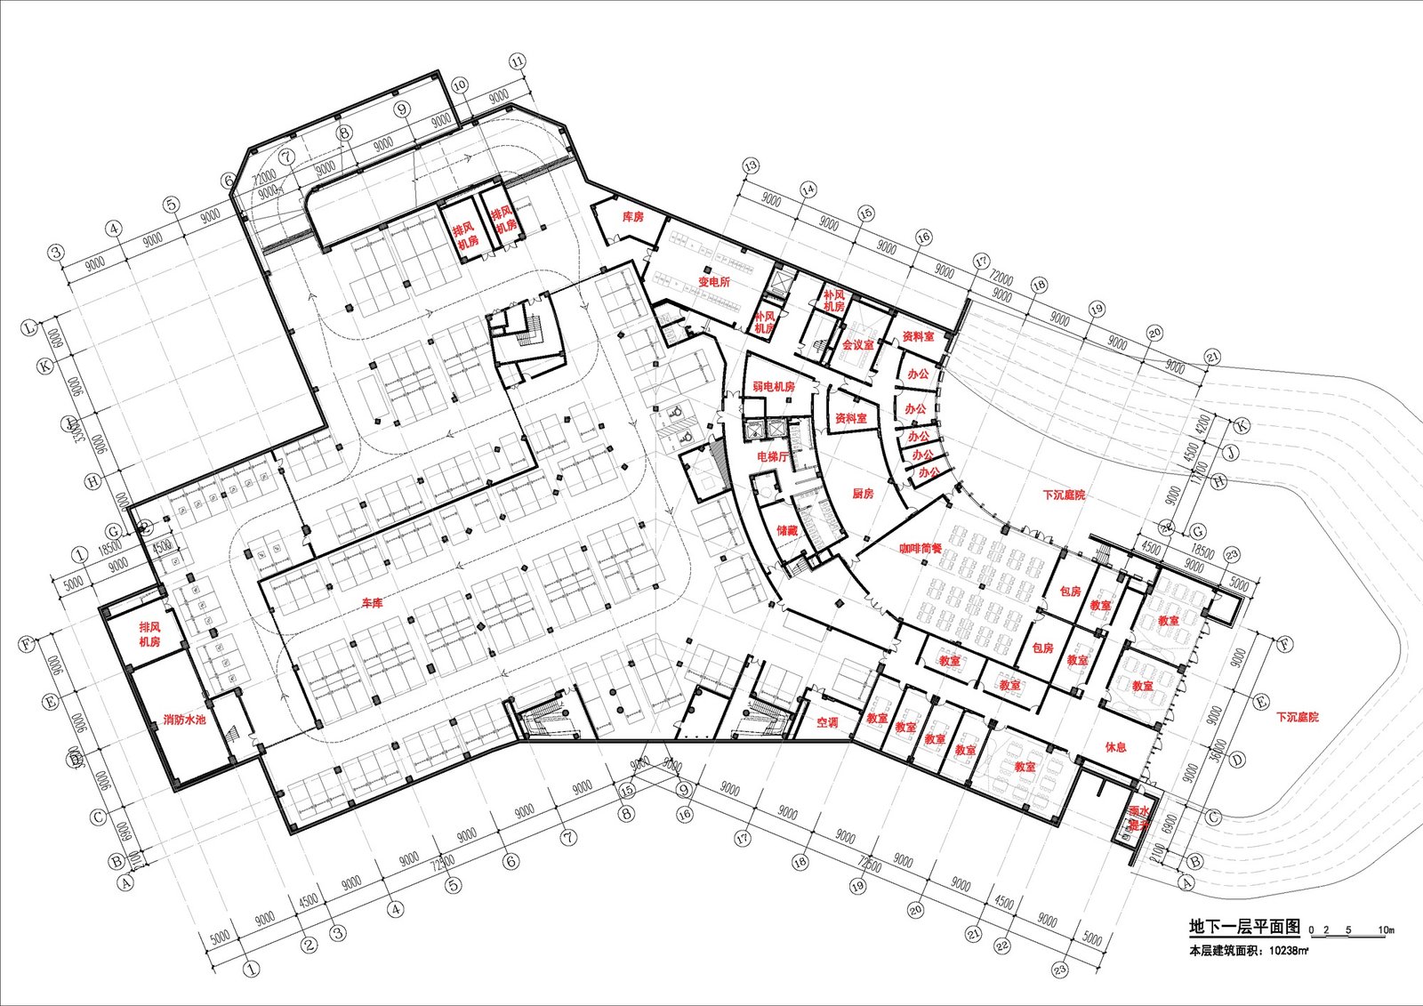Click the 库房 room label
tap(632, 216)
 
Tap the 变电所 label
tap(713, 282)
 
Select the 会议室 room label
tap(857, 345)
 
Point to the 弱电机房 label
tap(773, 387)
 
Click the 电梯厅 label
tap(772, 456)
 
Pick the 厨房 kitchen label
tap(863, 494)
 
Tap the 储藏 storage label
tap(787, 530)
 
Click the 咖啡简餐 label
tap(920, 549)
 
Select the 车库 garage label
tap(372, 603)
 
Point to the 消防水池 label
tap(184, 720)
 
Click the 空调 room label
tap(827, 722)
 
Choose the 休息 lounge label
tap(1115, 747)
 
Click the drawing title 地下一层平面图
tap(1244, 927)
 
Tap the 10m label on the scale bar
tap(1386, 930)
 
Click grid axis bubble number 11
tap(518, 62)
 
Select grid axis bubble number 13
tap(751, 165)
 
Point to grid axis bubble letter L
tap(29, 327)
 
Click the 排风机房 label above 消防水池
tap(149, 634)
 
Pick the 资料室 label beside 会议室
tap(918, 337)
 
